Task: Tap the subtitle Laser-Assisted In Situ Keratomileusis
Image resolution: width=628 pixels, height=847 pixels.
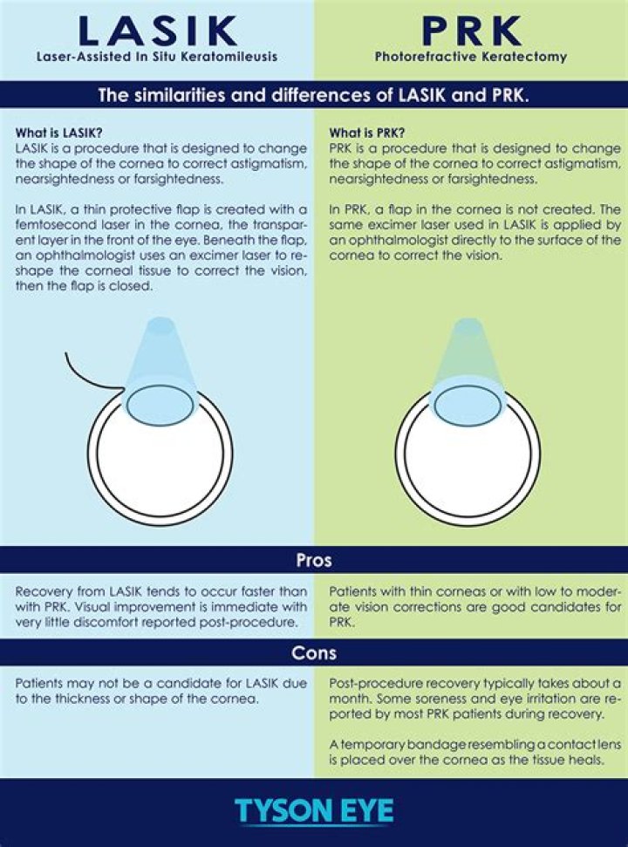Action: tap(157, 58)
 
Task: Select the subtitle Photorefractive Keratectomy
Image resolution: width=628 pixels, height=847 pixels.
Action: tap(471, 58)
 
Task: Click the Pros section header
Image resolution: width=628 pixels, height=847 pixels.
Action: tap(314, 560)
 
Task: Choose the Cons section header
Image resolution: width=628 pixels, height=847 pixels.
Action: tap(314, 652)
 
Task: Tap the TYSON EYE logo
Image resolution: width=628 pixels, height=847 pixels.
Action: tap(313, 810)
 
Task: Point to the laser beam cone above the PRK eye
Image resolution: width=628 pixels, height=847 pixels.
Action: tap(468, 358)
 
